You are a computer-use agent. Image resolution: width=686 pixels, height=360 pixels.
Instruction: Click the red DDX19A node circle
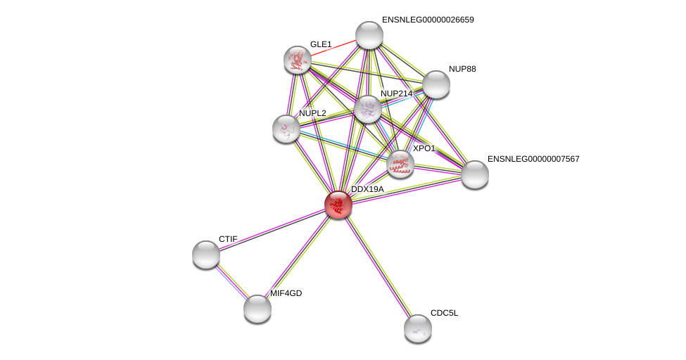pyautogui.click(x=338, y=204)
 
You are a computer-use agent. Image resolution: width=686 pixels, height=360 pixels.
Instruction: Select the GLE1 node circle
pyautogui.click(x=298, y=60)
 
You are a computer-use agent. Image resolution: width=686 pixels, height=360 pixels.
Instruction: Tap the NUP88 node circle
pyautogui.click(x=436, y=84)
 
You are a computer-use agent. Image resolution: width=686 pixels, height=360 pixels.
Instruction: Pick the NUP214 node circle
pyautogui.click(x=367, y=109)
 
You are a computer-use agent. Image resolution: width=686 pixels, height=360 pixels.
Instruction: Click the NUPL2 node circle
pyautogui.click(x=286, y=129)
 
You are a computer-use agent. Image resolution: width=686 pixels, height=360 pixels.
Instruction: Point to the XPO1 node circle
pyautogui.click(x=400, y=164)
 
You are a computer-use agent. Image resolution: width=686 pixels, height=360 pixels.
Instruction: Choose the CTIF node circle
pyautogui.click(x=206, y=255)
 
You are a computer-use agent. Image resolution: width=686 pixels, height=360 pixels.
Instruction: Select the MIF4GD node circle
pyautogui.click(x=258, y=308)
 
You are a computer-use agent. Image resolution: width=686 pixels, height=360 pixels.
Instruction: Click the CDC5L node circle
pyautogui.click(x=417, y=328)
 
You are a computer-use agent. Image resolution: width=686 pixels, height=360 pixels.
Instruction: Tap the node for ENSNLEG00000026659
pyautogui.click(x=369, y=35)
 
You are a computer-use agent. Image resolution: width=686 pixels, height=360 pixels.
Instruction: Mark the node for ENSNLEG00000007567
pyautogui.click(x=474, y=174)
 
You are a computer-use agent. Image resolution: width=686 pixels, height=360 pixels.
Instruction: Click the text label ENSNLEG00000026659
pyautogui.click(x=428, y=20)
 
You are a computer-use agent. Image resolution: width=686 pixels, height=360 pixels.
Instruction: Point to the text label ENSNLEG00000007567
pyautogui.click(x=533, y=159)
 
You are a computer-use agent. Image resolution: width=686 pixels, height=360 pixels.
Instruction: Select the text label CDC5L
pyautogui.click(x=444, y=313)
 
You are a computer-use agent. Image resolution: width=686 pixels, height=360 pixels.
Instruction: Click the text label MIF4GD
pyautogui.click(x=286, y=293)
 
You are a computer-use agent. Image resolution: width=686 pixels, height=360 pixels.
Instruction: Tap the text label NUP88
pyautogui.click(x=462, y=69)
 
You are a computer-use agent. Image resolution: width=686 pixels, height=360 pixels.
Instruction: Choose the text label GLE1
pyautogui.click(x=321, y=44)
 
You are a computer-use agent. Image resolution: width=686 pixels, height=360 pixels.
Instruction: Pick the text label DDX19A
pyautogui.click(x=367, y=189)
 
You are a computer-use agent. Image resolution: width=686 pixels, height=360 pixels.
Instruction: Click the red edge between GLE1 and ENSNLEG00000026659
pyautogui.click(x=334, y=47)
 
